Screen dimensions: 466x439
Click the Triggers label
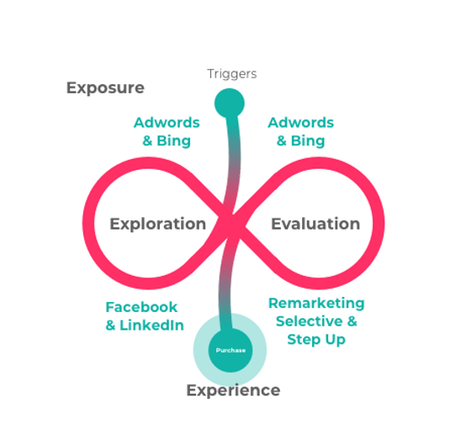(x=232, y=74)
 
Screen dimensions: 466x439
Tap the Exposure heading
(x=105, y=88)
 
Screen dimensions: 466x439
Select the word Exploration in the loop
(x=158, y=224)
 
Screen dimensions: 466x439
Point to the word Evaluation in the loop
(x=315, y=224)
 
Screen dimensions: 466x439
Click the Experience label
(x=233, y=390)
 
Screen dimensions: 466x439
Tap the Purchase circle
(x=230, y=350)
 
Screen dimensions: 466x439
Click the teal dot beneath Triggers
(x=230, y=103)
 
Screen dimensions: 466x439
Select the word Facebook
(x=141, y=307)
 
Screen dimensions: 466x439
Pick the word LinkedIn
(x=151, y=325)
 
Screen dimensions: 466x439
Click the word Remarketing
(x=316, y=304)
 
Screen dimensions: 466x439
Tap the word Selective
(x=310, y=321)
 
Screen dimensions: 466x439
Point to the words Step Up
(x=316, y=340)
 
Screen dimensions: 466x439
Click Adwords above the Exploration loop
(x=167, y=123)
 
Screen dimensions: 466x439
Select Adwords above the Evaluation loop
(x=301, y=123)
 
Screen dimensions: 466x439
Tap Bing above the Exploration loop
(x=173, y=141)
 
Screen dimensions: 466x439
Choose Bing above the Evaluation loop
(x=308, y=141)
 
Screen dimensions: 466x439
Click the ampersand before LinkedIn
(x=110, y=325)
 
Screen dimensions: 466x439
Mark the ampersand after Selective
(x=352, y=321)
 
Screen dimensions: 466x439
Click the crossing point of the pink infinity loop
(x=233, y=224)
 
